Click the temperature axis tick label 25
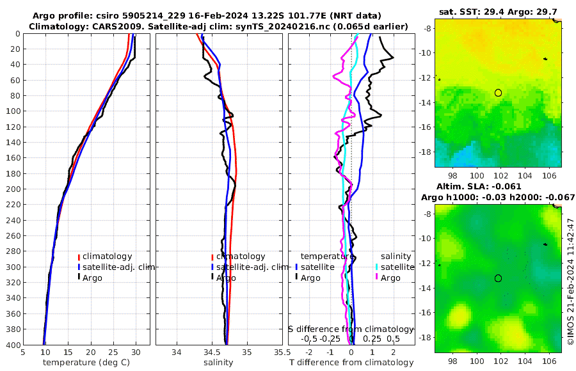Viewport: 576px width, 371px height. click(113, 352)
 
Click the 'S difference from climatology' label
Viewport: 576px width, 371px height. click(351, 328)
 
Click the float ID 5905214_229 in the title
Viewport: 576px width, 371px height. click(172, 15)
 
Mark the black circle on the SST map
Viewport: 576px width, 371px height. click(498, 93)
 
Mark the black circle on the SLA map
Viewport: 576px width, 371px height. click(498, 278)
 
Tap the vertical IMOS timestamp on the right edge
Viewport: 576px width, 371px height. click(570, 281)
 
